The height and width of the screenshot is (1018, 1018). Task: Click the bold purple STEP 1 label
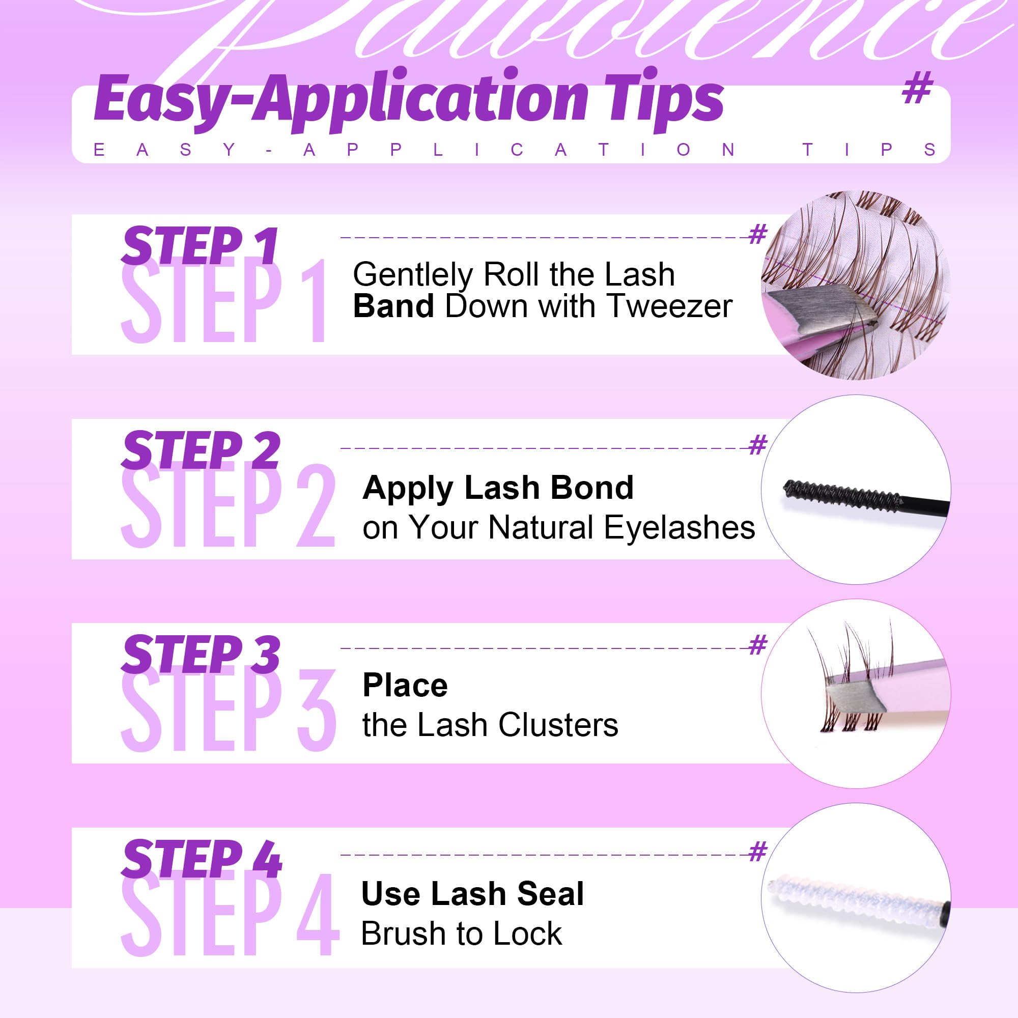click(200, 245)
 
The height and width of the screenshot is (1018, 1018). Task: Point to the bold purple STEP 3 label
click(201, 654)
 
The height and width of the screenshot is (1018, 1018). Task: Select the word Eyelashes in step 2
click(679, 527)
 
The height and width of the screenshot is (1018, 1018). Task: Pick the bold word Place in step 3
click(405, 686)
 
